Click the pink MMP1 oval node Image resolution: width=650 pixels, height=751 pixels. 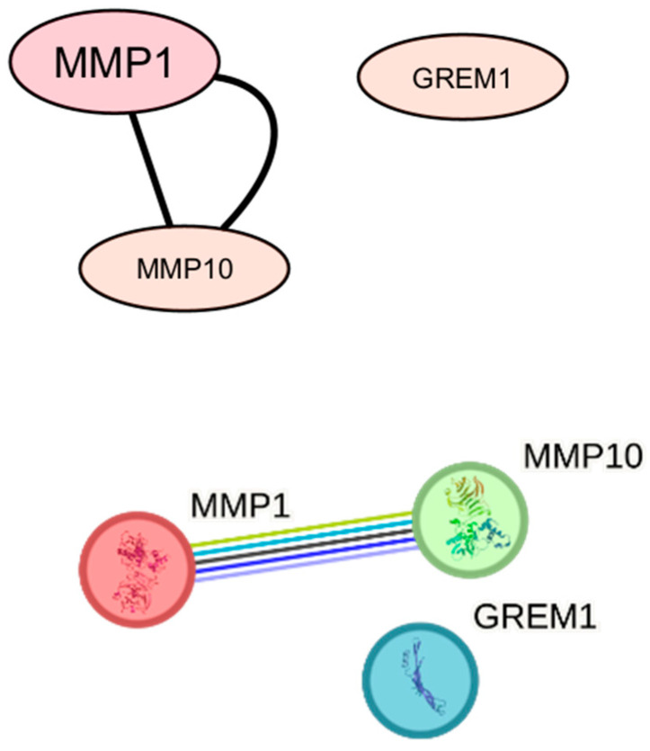pos(114,61)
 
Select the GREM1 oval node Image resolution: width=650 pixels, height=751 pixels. pos(462,76)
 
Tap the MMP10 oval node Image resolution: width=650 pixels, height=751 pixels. pos(184,268)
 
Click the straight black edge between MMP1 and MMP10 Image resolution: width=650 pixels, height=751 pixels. pos(151,169)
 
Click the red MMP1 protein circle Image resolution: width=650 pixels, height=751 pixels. pos(138,569)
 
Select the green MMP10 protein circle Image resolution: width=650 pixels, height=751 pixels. pos(470,520)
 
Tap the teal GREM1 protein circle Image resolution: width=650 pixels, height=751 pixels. pos(420,680)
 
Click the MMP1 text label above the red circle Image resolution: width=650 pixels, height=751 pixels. pos(240,505)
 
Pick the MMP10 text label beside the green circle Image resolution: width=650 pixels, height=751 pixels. pos(583,456)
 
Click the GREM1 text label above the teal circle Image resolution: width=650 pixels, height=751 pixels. pos(535,616)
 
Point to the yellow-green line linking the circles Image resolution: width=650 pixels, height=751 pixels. pos(301,529)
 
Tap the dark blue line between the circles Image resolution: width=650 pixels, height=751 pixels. pos(305,555)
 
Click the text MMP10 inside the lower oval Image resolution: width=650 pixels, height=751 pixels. pos(185,269)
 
